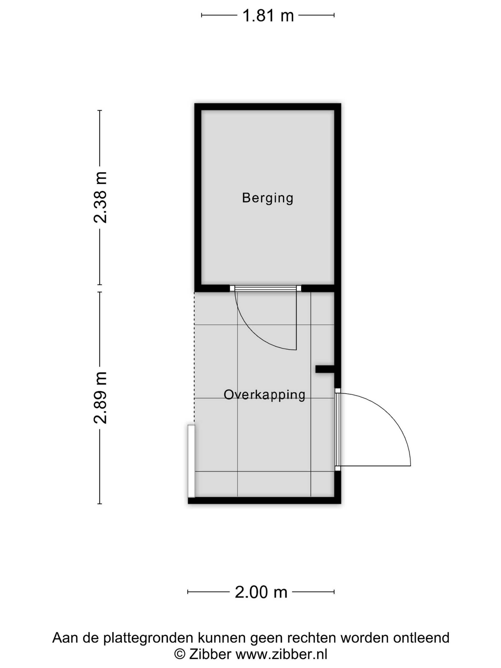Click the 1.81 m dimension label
click(268, 16)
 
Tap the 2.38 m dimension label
click(100, 198)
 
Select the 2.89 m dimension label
click(100, 398)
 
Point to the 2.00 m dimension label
click(261, 592)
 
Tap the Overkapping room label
click(264, 395)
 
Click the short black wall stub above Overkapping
click(325, 369)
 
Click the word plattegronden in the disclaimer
click(148, 638)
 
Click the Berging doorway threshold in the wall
click(265, 288)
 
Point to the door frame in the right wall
click(338, 429)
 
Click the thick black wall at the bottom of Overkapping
click(264, 500)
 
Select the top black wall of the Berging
click(268, 107)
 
